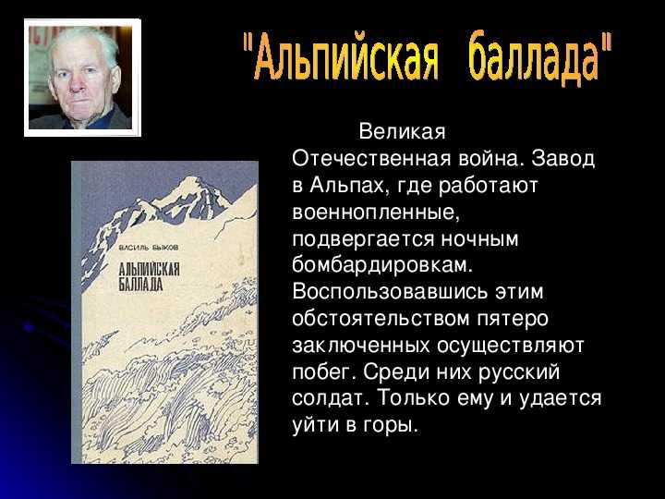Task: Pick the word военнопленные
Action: click(x=375, y=212)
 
